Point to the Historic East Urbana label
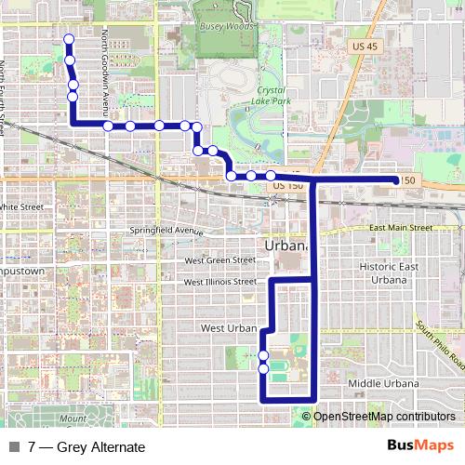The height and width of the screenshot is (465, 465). tap(383, 272)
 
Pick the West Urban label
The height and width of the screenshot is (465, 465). tap(229, 328)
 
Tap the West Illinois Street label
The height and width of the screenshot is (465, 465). tap(219, 282)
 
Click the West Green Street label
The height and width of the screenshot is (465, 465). tap(219, 260)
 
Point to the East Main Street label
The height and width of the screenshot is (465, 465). tap(400, 228)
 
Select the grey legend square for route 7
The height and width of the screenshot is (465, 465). tap(16, 447)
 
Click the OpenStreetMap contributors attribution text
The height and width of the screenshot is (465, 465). tap(384, 416)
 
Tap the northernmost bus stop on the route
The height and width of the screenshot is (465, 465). tap(68, 38)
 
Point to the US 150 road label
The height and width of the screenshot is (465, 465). tap(289, 186)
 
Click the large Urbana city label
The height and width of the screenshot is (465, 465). tap(286, 246)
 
